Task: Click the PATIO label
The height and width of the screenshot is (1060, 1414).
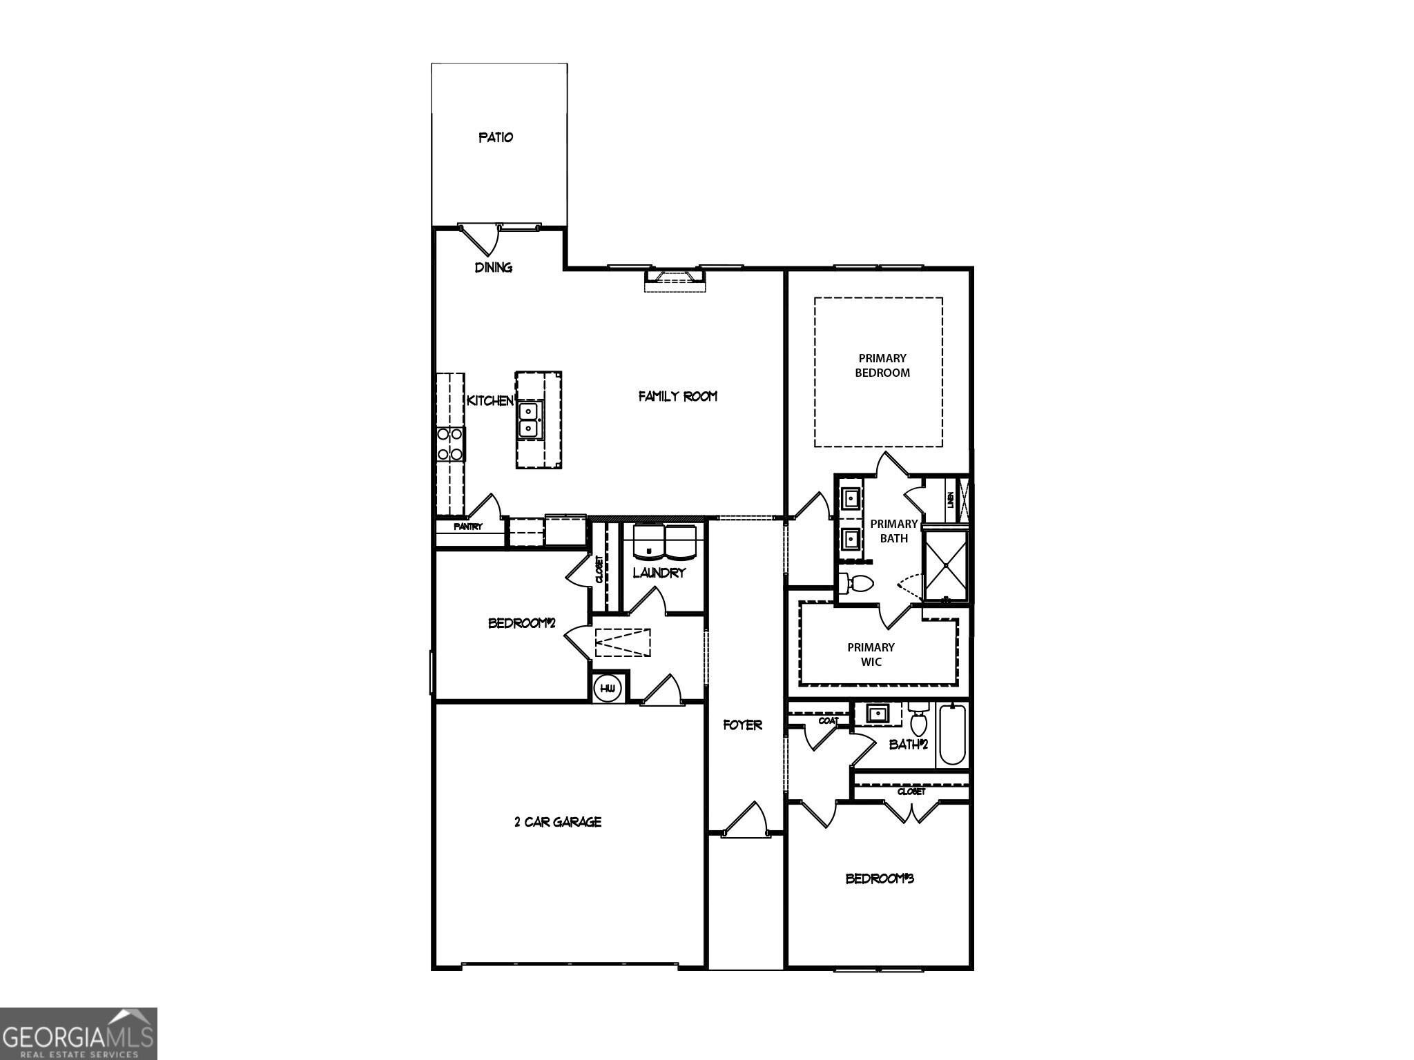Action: coord(496,137)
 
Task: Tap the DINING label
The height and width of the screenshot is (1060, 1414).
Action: coord(493,267)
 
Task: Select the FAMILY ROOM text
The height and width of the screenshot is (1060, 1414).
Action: coord(677,396)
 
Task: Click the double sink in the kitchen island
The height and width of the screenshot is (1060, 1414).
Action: coord(530,420)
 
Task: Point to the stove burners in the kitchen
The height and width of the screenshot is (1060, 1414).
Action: coord(450,444)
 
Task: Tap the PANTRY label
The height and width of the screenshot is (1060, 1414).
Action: coord(468,527)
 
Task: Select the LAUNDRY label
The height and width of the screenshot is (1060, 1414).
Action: coord(659,573)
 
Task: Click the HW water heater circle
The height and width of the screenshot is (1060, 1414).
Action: coord(608,688)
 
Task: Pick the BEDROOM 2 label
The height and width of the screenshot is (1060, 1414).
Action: coord(521,623)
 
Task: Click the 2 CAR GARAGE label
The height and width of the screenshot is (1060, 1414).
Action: coord(558,822)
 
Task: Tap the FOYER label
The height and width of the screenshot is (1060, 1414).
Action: coord(743,725)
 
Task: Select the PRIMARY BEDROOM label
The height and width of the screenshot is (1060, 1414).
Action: coord(882,366)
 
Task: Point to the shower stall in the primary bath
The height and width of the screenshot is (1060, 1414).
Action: coord(946,564)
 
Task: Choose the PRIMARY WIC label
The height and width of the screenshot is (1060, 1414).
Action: coord(871,654)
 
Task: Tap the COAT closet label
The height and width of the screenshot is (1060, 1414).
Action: coord(829,720)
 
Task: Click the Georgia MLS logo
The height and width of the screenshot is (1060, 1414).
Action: coord(78,1034)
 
